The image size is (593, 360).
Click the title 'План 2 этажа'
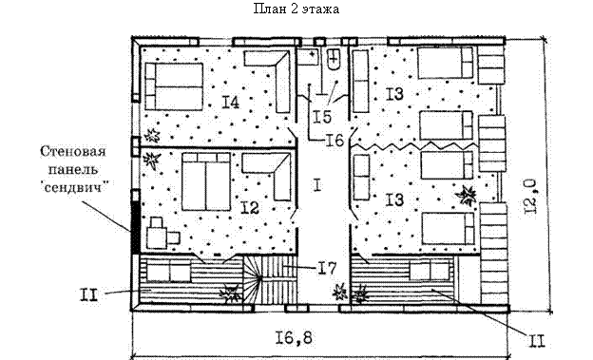[296, 9]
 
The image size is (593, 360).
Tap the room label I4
[230, 102]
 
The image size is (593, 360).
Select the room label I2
[250, 208]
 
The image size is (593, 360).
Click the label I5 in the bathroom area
[322, 117]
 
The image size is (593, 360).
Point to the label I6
[335, 141]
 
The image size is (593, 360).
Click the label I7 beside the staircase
[326, 268]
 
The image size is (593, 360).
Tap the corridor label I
[317, 185]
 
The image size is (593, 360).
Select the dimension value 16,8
[294, 338]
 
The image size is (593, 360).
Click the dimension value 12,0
[530, 197]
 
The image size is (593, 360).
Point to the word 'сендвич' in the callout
[74, 187]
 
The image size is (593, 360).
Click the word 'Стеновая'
[73, 151]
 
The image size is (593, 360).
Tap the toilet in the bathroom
[334, 60]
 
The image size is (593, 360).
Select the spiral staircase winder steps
[252, 279]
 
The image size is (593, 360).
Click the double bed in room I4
[174, 86]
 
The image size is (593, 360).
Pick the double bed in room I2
[206, 181]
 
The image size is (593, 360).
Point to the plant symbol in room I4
[152, 135]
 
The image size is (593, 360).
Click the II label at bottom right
[537, 341]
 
